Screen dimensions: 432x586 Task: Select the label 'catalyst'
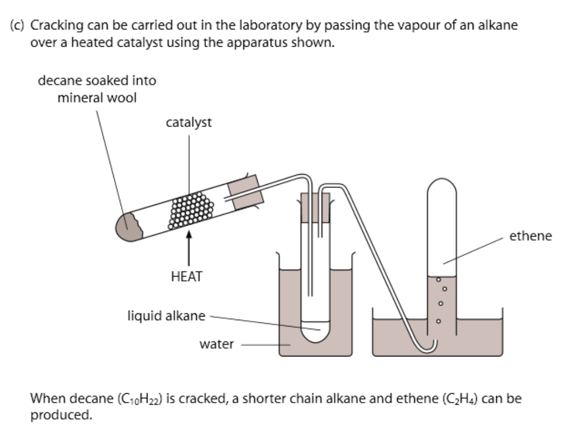click(189, 123)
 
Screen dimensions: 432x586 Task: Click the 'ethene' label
click(531, 236)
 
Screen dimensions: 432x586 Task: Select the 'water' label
click(216, 344)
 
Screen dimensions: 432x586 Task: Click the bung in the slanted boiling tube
click(247, 192)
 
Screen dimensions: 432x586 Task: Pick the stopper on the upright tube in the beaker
click(315, 207)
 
